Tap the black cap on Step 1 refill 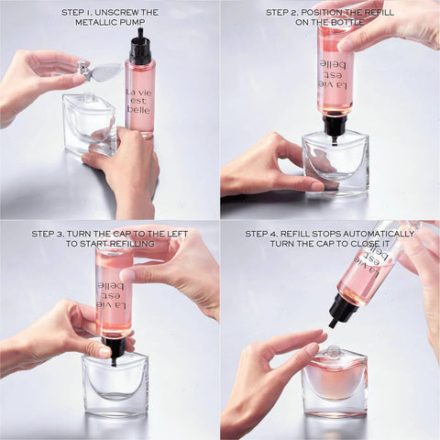pos(139,47)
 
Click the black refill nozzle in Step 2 pos(335,123)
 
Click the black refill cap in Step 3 pos(115,347)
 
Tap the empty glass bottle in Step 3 pos(115,385)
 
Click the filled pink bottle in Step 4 pos(335,383)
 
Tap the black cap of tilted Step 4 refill pos(344,311)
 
